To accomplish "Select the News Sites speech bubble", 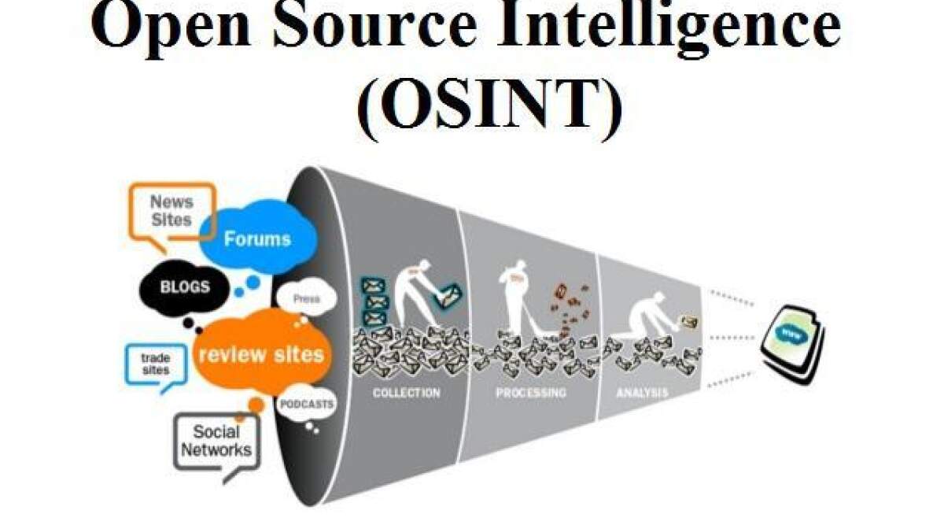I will click(171, 210).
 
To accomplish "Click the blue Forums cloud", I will click(257, 238).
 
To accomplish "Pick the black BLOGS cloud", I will click(185, 287).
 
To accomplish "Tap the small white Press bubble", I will click(306, 299).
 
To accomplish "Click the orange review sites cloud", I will click(261, 354).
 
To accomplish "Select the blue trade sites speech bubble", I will click(156, 364).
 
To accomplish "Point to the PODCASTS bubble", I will click(307, 405).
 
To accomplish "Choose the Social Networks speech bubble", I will click(216, 441).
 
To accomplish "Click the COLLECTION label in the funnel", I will click(406, 392).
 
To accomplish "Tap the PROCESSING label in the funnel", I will click(530, 392).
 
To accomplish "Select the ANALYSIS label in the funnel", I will click(643, 391).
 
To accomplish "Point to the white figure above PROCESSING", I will click(516, 299).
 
